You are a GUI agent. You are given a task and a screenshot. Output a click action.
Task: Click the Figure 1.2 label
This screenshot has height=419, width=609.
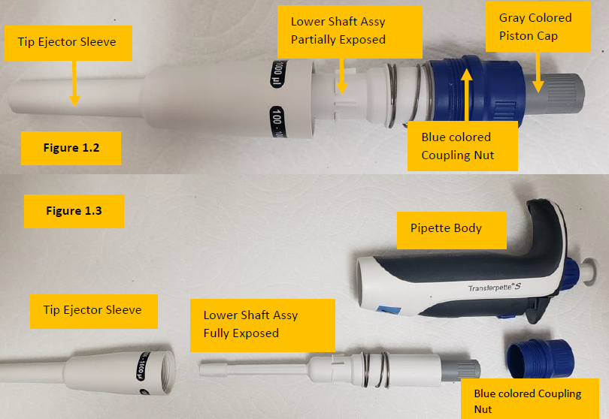[x=71, y=148]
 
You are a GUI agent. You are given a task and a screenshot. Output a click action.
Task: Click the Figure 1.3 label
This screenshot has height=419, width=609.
[x=74, y=211]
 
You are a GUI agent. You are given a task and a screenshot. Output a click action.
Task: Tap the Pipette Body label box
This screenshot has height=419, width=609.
[x=452, y=231]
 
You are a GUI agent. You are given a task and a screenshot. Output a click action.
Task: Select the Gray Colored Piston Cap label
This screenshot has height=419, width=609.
[x=538, y=27]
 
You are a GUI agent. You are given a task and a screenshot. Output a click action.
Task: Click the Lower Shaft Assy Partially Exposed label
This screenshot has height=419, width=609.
[x=350, y=32]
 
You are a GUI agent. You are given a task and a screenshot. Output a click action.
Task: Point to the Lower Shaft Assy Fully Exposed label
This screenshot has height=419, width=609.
[x=262, y=325]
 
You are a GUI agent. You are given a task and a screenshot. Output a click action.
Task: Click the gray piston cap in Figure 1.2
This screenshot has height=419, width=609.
[x=554, y=95]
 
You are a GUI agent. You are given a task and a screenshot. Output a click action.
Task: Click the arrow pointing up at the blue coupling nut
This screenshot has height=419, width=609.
[x=466, y=95]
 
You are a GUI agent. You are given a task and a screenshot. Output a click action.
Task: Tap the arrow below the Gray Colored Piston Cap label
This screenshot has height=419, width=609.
[x=538, y=73]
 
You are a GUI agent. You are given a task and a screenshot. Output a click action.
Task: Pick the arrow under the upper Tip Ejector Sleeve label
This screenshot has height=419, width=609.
[x=74, y=83]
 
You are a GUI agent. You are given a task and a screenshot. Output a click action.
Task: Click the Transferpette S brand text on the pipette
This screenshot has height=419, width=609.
[x=494, y=288]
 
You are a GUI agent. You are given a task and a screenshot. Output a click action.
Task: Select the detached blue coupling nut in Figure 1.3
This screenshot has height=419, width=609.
[x=541, y=358]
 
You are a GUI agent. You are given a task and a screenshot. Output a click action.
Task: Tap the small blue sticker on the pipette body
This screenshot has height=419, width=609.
[x=389, y=309]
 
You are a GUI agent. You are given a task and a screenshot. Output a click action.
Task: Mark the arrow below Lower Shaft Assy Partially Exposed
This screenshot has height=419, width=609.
[x=342, y=77]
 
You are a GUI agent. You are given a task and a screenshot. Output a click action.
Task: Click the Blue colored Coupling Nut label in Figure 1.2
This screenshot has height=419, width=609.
[x=462, y=146]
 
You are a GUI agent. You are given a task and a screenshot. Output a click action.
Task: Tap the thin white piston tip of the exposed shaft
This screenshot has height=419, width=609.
[x=213, y=369]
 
